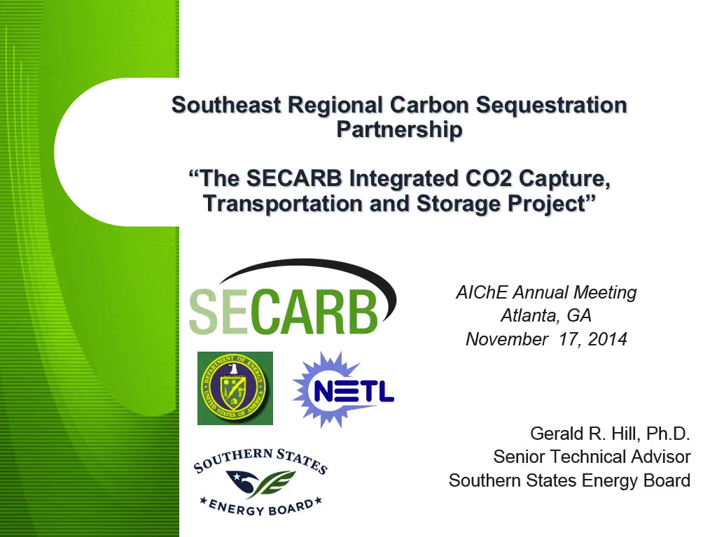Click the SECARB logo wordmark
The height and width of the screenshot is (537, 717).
click(293, 296)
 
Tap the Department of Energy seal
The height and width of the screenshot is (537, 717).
click(235, 388)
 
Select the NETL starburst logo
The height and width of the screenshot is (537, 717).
click(343, 389)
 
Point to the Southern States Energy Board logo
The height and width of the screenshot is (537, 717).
click(260, 482)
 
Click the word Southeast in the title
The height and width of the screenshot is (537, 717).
click(226, 105)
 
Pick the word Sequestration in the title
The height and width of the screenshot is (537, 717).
click(552, 106)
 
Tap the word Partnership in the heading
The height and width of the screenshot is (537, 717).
click(399, 129)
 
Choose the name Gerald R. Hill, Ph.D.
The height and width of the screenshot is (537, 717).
click(610, 434)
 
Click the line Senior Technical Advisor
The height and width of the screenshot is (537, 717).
click(592, 457)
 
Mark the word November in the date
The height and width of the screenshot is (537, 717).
click(507, 339)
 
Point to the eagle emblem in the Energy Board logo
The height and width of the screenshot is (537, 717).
click(243, 482)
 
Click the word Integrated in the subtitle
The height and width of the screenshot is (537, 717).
click(403, 179)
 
